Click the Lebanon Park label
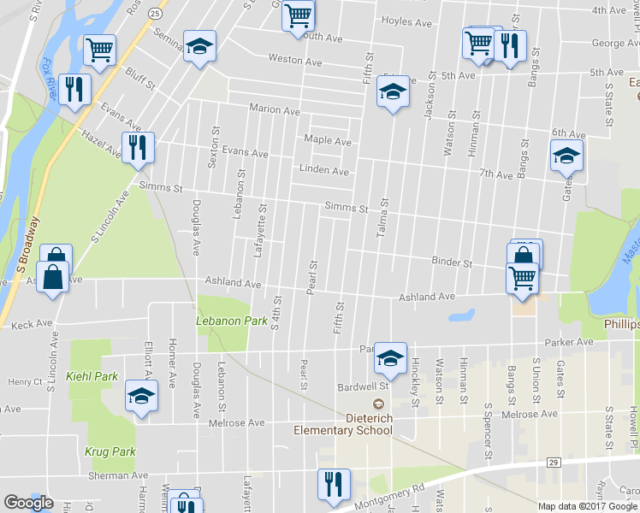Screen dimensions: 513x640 (220, 321)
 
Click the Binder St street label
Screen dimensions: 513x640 (452, 262)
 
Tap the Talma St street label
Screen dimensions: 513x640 (384, 215)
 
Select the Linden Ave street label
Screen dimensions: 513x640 (323, 171)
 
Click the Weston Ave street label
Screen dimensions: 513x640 (294, 61)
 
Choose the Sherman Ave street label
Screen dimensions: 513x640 (118, 475)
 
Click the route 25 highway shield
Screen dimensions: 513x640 (154, 14)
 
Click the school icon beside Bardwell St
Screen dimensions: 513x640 (390, 360)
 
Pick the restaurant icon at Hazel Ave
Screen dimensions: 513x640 (138, 147)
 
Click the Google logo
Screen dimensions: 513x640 (28, 503)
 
